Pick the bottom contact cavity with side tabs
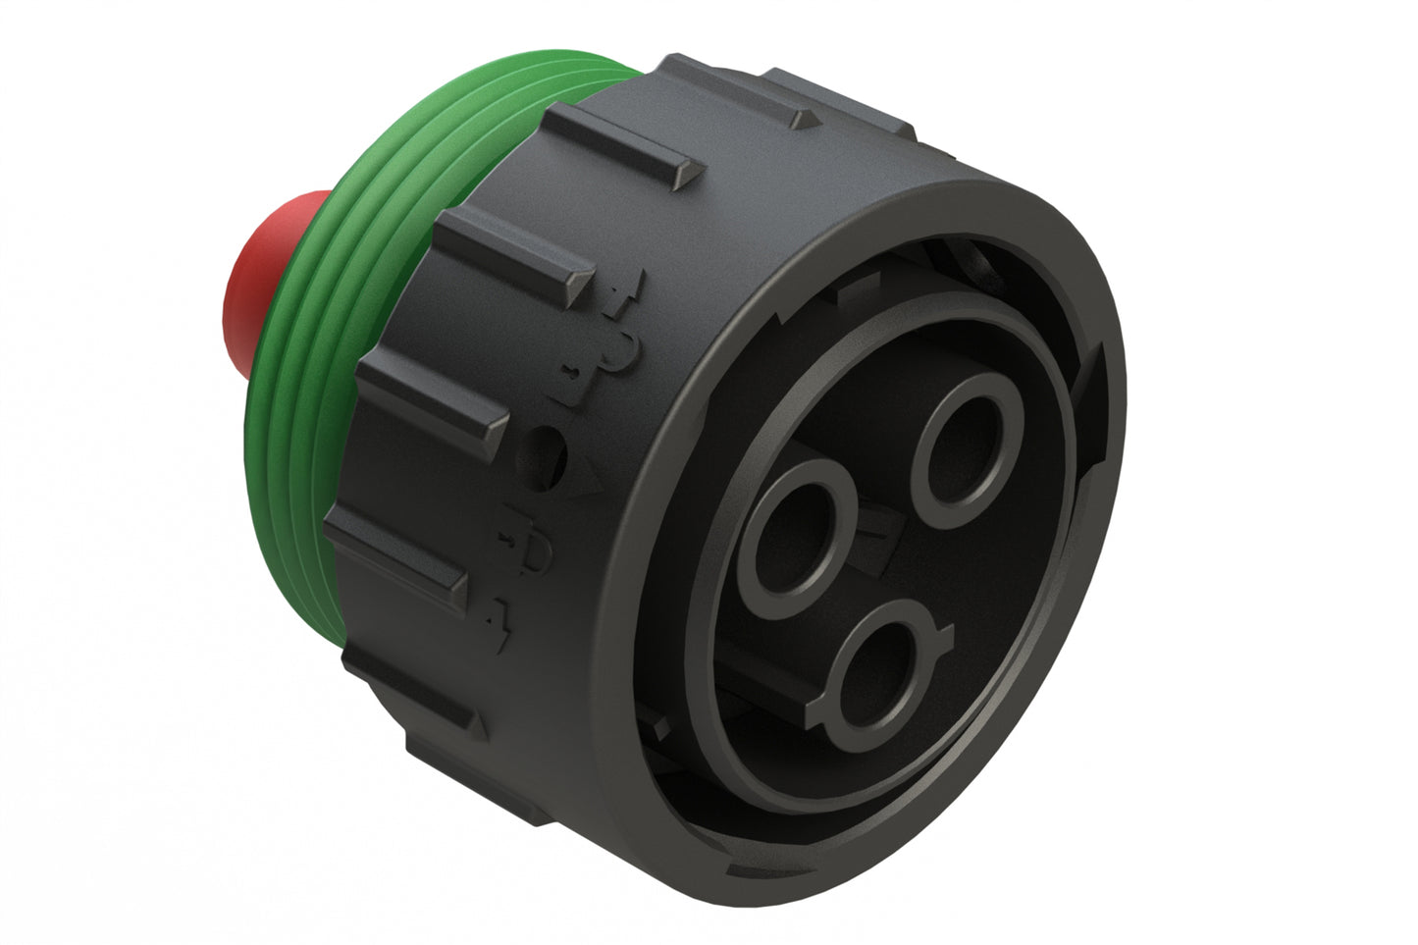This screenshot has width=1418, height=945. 878,667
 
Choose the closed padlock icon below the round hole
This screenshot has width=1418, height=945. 530,554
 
